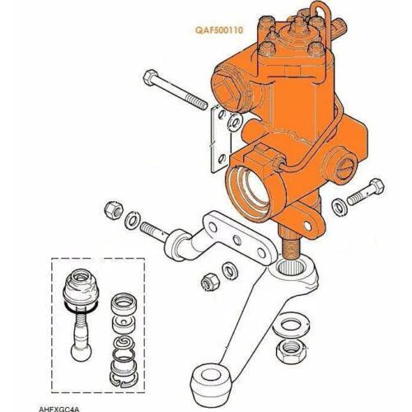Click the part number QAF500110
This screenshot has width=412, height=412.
[219, 30]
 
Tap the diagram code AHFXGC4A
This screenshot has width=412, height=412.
[59, 410]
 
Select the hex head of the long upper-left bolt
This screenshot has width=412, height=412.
[151, 77]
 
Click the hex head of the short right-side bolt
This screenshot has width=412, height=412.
[377, 186]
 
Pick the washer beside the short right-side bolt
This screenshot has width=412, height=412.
[339, 207]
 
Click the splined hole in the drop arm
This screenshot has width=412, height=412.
[292, 267]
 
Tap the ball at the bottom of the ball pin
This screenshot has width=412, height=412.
[81, 353]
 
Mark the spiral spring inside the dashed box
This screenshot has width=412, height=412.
[123, 343]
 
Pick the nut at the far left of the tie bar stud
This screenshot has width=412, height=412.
[113, 210]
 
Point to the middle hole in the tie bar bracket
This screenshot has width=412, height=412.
[236, 241]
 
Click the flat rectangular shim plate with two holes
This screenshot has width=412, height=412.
[219, 140]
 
